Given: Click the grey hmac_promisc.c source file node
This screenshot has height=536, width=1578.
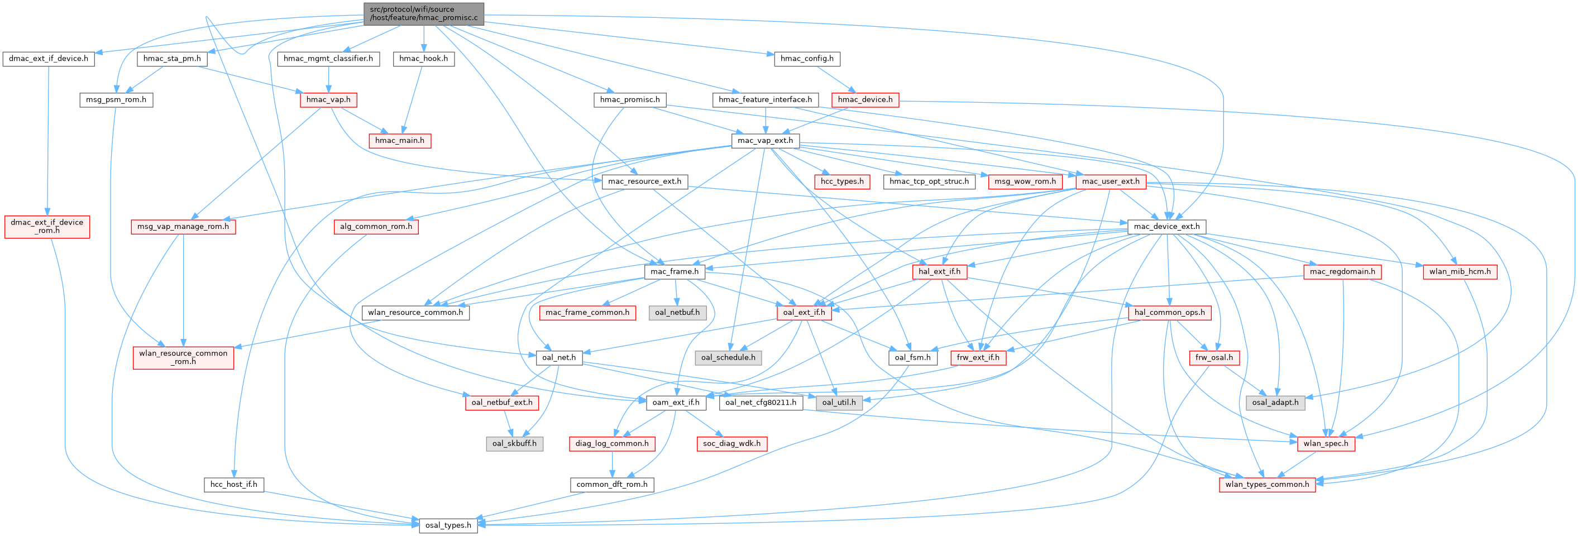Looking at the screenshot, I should (x=423, y=13).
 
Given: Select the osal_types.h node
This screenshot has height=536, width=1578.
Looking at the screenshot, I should (x=448, y=525).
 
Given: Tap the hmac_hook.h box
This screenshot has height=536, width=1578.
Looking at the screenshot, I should (x=423, y=59).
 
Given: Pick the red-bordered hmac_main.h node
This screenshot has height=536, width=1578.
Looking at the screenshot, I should (x=399, y=140).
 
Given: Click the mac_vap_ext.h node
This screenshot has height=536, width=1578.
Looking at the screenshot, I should (x=764, y=140).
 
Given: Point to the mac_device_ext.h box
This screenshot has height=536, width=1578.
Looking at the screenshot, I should (x=1166, y=226).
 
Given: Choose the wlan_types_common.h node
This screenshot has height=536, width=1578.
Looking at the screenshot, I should (x=1267, y=484).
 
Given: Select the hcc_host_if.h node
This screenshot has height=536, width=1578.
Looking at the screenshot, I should (x=233, y=484).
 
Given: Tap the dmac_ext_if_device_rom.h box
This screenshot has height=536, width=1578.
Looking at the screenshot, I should (x=47, y=226).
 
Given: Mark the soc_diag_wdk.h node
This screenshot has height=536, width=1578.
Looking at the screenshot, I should (x=731, y=443).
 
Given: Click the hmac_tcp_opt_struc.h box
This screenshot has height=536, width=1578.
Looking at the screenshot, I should (x=929, y=181).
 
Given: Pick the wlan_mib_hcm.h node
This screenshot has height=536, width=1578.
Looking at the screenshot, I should (x=1460, y=271).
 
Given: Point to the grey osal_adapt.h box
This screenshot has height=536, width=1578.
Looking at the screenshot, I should (x=1275, y=403).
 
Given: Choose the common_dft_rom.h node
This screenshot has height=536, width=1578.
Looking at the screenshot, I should (x=611, y=484).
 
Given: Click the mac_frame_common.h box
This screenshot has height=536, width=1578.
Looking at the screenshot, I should (x=587, y=313).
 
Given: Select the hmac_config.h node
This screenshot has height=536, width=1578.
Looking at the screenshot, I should (x=807, y=59).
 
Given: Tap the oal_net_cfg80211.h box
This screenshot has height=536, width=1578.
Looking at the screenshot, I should (x=760, y=403).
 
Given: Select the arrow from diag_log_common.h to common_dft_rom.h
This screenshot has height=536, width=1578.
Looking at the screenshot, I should (x=611, y=464).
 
